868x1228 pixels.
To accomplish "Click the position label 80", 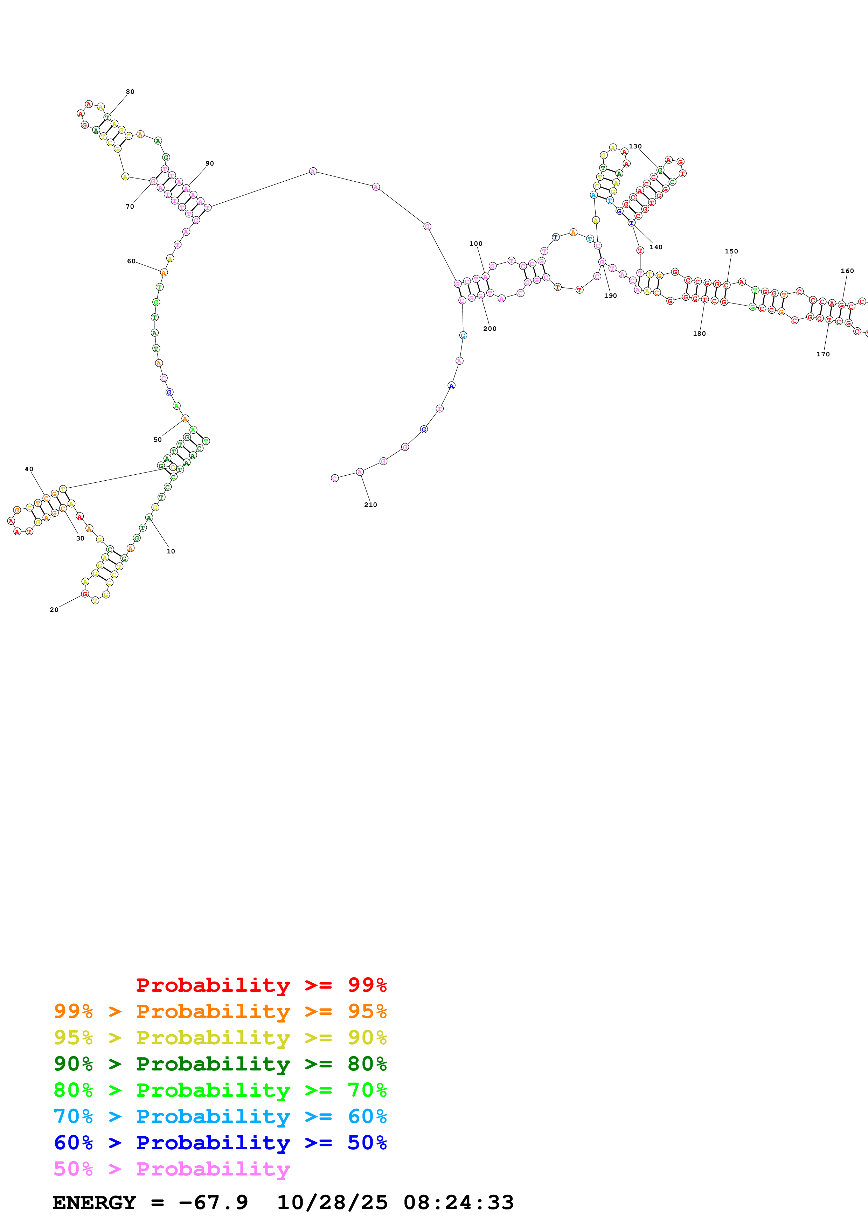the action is point(130,91).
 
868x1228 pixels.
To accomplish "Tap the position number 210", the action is point(370,504).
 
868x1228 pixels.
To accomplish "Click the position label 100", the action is point(475,243).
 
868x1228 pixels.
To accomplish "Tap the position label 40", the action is point(29,469).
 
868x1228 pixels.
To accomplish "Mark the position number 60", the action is point(131,261).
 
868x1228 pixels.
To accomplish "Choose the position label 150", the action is point(731,251).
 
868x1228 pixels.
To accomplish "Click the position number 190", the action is point(610,296).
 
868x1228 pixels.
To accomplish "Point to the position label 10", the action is point(171,551).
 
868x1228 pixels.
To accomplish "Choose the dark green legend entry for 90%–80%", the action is point(220,1064).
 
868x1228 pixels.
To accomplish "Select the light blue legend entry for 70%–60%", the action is point(220,1116).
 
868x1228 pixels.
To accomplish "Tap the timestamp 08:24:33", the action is point(458,1202).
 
